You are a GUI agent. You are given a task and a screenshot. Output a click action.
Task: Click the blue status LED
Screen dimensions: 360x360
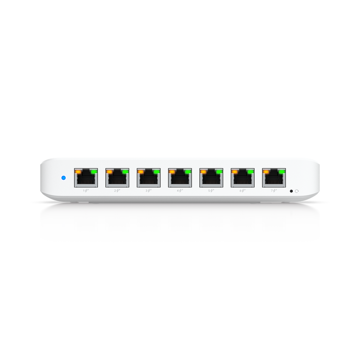coord(64,178)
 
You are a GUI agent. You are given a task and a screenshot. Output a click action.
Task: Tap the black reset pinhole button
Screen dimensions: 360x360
coord(291,191)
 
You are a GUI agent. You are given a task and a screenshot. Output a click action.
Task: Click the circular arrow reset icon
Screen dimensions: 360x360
coord(297,191)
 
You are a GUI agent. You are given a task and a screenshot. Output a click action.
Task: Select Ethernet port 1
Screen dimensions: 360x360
coord(86,178)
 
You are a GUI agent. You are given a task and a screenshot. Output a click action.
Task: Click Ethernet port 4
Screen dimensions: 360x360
coord(180,178)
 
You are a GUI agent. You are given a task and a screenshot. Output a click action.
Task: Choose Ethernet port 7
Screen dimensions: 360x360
coord(274,178)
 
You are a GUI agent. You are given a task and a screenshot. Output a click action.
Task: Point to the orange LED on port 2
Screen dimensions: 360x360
coord(109,172)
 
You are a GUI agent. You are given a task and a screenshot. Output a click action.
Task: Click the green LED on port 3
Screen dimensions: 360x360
coord(156,172)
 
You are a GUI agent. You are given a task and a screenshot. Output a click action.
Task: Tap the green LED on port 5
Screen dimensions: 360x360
coord(219,172)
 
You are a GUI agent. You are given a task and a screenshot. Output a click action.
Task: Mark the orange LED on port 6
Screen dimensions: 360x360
coord(234,172)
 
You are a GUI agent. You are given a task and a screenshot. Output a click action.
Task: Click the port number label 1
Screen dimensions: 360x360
coord(84,191)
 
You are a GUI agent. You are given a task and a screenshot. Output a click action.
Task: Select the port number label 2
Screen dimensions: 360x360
coord(115,191)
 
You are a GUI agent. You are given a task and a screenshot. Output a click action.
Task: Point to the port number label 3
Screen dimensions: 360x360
coord(147,191)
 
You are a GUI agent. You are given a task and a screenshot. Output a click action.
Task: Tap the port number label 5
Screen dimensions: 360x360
coord(209,191)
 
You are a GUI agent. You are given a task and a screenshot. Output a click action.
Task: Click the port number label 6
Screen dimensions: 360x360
coord(240,191)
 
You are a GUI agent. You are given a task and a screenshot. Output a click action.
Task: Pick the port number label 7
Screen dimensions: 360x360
coord(272,191)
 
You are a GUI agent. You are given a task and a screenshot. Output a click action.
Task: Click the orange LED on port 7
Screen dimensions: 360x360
coord(266,172)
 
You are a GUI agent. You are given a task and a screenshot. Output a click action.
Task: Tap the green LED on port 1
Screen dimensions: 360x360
coord(94,172)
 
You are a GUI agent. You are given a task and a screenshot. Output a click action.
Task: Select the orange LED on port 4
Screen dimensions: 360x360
coord(172,172)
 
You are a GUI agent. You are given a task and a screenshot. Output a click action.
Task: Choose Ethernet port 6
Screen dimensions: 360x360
coord(243,178)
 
